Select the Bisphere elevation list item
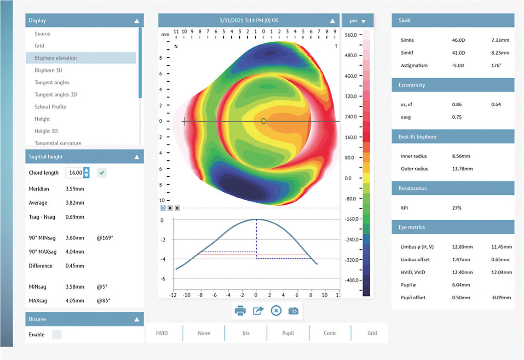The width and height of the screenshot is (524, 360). pyautogui.click(x=56, y=58)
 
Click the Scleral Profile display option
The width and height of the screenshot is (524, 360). pyautogui.click(x=50, y=107)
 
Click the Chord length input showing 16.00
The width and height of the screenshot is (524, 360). pyautogui.click(x=74, y=173)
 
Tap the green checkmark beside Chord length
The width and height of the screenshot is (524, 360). pyautogui.click(x=102, y=173)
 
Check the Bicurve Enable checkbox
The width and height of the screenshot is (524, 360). pyautogui.click(x=57, y=334)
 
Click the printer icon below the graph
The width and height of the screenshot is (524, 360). pyautogui.click(x=240, y=311)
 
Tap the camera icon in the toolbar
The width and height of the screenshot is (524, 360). pyautogui.click(x=293, y=311)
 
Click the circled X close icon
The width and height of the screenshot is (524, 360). pyautogui.click(x=276, y=311)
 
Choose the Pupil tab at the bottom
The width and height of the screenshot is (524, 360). pyautogui.click(x=288, y=333)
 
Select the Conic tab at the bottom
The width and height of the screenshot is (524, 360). pyautogui.click(x=330, y=333)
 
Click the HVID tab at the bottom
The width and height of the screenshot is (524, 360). pyautogui.click(x=162, y=333)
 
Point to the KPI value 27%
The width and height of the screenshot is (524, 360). pyautogui.click(x=457, y=208)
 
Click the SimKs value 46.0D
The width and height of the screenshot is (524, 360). pyautogui.click(x=459, y=40)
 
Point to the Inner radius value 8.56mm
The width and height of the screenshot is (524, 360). pyautogui.click(x=461, y=156)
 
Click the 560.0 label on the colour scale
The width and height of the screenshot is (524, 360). pyautogui.click(x=351, y=35)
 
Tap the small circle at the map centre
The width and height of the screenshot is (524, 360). pyautogui.click(x=263, y=121)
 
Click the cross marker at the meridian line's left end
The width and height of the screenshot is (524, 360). pyautogui.click(x=184, y=121)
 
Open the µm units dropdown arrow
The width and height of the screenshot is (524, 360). pyautogui.click(x=364, y=21)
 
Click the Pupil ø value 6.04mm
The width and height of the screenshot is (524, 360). pyautogui.click(x=461, y=285)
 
